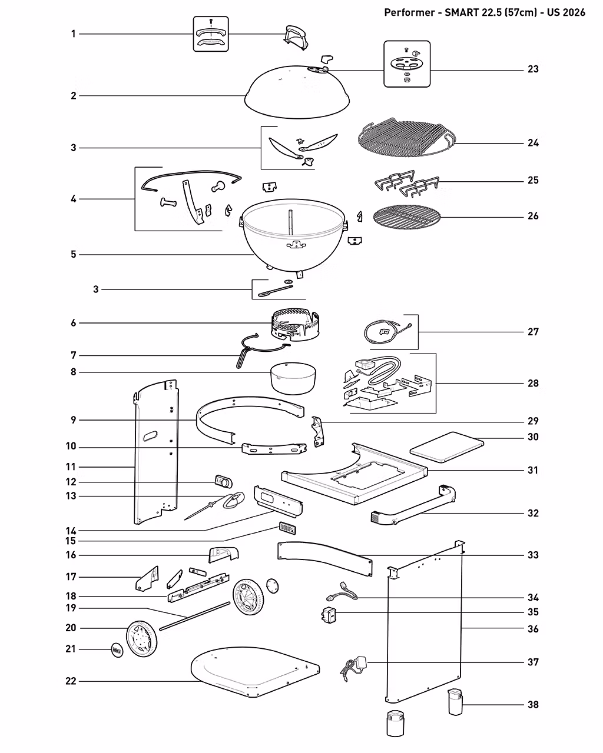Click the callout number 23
[x=533, y=69]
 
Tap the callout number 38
[x=533, y=705]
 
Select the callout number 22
[x=71, y=681]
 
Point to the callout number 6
[x=73, y=322]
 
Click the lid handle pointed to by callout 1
[x=296, y=36]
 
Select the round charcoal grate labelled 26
[x=407, y=217]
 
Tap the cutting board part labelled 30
[x=447, y=447]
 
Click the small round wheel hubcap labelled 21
[x=117, y=650]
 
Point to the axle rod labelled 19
[x=195, y=616]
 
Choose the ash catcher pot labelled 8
[x=293, y=378]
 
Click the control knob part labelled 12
[x=224, y=481]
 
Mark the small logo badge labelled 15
[x=287, y=528]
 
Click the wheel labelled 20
[x=142, y=639]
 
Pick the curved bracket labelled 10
[x=274, y=449]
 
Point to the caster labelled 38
[x=456, y=702]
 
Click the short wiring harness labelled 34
[x=342, y=591]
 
